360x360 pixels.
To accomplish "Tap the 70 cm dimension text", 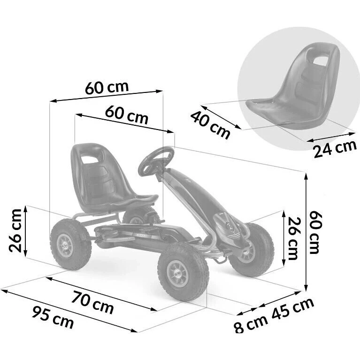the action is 92,302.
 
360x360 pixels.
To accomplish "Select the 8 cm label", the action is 251,323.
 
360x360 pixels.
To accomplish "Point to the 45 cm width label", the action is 293,308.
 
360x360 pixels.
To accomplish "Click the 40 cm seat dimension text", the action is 210,125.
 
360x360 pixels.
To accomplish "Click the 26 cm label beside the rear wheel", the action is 15,230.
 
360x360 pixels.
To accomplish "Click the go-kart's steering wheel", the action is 156,161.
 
